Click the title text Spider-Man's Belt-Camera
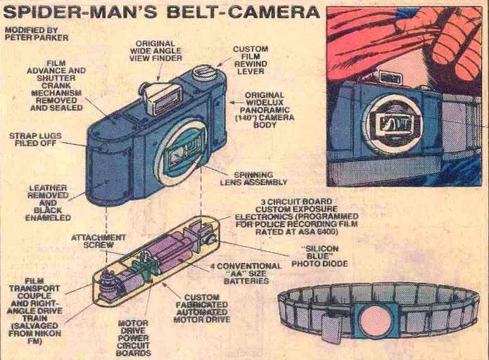click(x=162, y=13)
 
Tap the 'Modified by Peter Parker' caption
click(x=37, y=34)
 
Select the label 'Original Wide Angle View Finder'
click(x=155, y=51)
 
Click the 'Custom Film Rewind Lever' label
click(x=250, y=60)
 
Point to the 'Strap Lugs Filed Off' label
click(x=35, y=140)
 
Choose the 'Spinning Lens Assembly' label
click(x=253, y=179)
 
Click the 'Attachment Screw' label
click(x=99, y=241)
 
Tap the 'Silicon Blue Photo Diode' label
click(x=319, y=256)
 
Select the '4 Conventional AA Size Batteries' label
click(x=246, y=274)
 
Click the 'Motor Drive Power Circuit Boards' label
click(x=133, y=338)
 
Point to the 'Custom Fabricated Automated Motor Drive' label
click(x=202, y=308)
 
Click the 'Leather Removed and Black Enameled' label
click(x=48, y=203)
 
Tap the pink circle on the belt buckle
click(x=376, y=320)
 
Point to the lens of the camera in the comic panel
click(x=393, y=124)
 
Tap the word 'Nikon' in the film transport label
click(x=49, y=333)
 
